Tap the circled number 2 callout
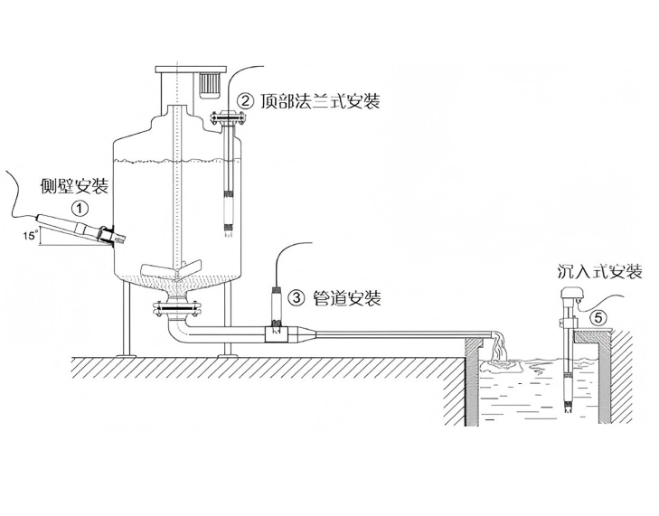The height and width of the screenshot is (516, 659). pos(246,101)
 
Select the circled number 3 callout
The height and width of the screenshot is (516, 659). pos(296,298)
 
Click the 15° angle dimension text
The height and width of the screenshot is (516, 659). pos(30,236)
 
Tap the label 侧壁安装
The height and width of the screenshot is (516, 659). pos(74,186)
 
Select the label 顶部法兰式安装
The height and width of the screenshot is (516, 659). pos(320,101)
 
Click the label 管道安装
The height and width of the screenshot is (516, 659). pos(347,298)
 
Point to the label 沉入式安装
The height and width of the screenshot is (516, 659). pos(600,272)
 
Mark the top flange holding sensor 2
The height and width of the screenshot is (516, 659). pos(229,118)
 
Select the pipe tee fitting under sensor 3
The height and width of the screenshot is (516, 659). pos(277,334)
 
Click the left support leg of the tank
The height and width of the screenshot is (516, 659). pos(127,318)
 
